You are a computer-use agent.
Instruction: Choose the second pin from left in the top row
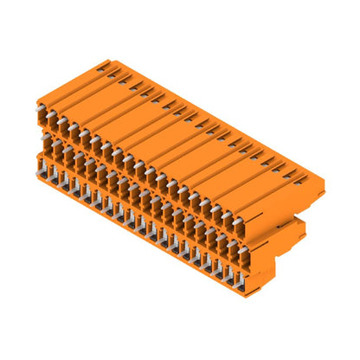(52, 119)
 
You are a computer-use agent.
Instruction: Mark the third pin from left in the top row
(62, 125)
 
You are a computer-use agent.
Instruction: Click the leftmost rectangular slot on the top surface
(105, 65)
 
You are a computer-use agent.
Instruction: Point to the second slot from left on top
(116, 71)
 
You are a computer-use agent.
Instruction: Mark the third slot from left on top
(127, 77)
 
